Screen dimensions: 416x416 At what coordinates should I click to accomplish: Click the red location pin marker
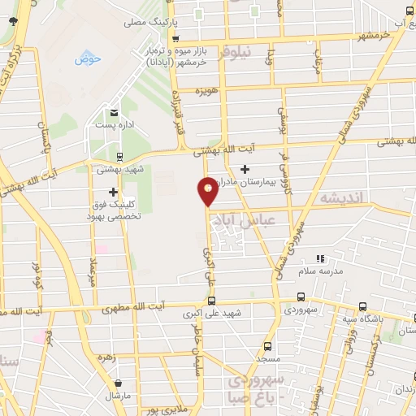(209, 192)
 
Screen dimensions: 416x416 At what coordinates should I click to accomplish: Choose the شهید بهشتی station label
(120, 169)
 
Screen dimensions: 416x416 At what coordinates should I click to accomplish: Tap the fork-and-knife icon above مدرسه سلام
(319, 258)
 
